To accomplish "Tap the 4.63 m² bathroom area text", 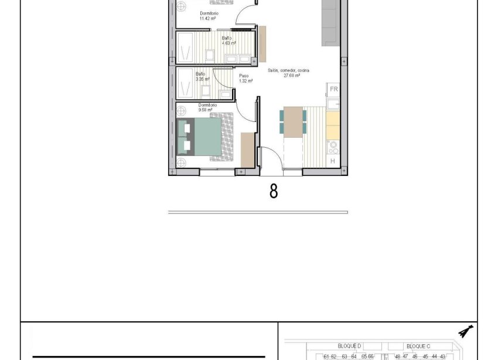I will coord(229,43).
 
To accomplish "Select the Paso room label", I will coord(244,75).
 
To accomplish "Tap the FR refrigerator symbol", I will coord(333,89).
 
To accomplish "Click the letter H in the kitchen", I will coord(333,161).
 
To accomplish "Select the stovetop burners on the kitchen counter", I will coord(333,145).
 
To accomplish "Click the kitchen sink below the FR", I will coord(333,104).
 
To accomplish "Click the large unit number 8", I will coord(274,191).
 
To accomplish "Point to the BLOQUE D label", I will coord(350,346).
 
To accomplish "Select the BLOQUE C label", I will coord(418,346).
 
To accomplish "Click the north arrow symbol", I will coord(466,332).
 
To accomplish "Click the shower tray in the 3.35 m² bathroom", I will coord(186,83).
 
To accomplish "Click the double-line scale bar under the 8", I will coord(258,212).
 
